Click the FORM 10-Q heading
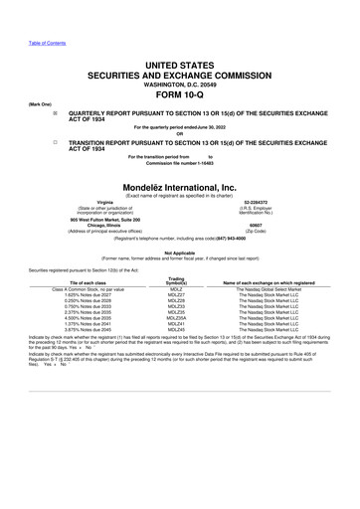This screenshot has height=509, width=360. pyautogui.click(x=179, y=82)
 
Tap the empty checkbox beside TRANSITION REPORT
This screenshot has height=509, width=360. pyautogui.click(x=67, y=142)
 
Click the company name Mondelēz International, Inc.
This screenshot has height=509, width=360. pyautogui.click(x=179, y=186)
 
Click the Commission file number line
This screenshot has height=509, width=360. pyautogui.click(x=179, y=163)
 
